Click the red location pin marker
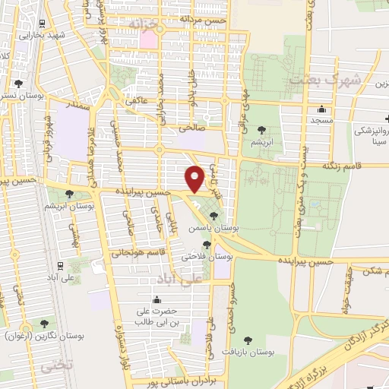tap(194, 179)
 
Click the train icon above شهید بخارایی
tap(40, 22)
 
